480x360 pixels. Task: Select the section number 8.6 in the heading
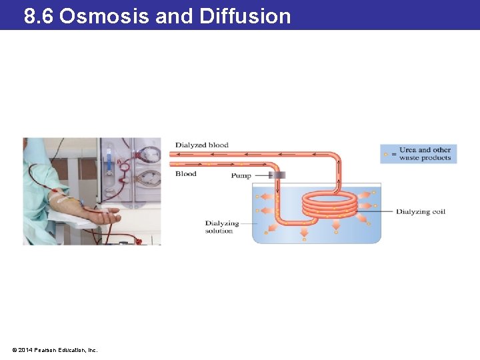click(x=39, y=15)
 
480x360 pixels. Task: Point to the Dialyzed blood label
click(x=201, y=145)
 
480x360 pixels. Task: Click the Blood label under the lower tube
click(x=185, y=174)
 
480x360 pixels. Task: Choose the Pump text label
click(x=241, y=176)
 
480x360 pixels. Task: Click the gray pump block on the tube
click(x=277, y=175)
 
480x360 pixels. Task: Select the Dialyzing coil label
click(x=421, y=212)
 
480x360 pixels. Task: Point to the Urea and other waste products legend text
click(x=425, y=154)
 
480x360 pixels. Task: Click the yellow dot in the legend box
click(x=385, y=154)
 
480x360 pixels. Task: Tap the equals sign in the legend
click(x=393, y=155)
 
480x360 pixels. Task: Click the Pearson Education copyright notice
click(x=55, y=349)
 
